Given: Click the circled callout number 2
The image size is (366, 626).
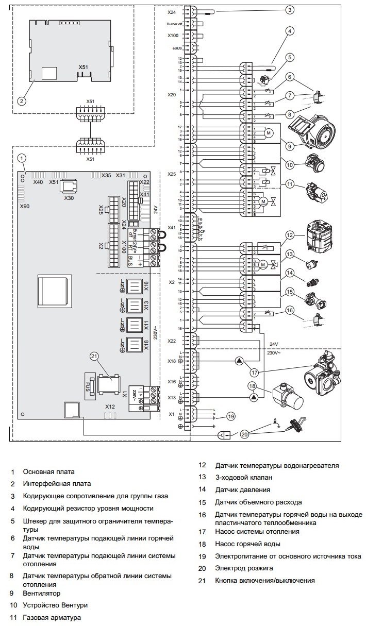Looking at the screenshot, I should pyautogui.click(x=21, y=101).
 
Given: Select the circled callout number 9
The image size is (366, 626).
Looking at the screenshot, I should pyautogui.click(x=291, y=146).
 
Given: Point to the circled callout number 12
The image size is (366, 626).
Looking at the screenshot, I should pyautogui.click(x=290, y=235).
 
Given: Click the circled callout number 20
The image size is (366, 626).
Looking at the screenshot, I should pyautogui.click(x=245, y=434).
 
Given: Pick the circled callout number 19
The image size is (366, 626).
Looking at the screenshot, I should pyautogui.click(x=231, y=416).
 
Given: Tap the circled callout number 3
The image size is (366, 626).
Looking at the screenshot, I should pyautogui.click(x=291, y=10).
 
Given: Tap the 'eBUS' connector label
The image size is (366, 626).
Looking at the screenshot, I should pyautogui.click(x=177, y=48).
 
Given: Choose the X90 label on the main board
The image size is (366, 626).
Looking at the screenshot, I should pyautogui.click(x=25, y=206).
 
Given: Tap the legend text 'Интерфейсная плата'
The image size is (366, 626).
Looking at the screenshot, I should pyautogui.click(x=57, y=484).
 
